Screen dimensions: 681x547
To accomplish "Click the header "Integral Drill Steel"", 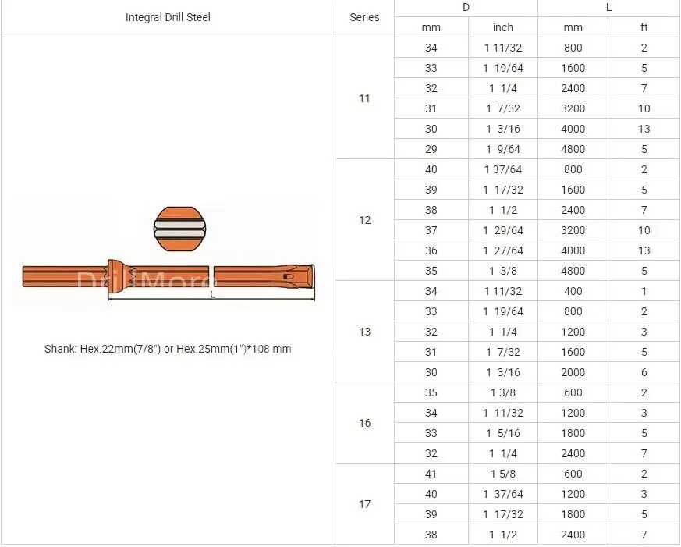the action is click(168, 17).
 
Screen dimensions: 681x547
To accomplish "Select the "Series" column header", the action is click(364, 17).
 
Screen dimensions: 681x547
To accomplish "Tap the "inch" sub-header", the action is click(503, 27).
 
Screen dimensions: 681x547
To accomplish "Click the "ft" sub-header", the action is click(644, 27).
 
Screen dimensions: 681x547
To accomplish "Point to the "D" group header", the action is click(466, 7).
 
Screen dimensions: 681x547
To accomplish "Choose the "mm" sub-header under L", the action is click(573, 27).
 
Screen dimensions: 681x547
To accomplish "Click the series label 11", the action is click(364, 98).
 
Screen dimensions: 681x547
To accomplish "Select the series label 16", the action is click(364, 423).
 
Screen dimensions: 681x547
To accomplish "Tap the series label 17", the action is click(364, 504).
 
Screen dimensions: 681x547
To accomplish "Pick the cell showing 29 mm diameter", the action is click(431, 150).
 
